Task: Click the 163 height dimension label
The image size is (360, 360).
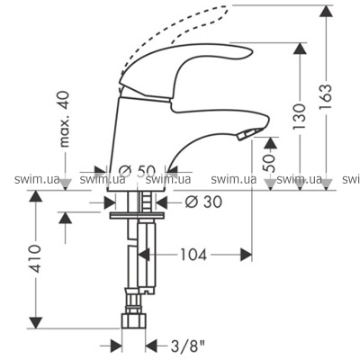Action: pos(326,97)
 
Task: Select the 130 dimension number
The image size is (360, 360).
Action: pos(300,117)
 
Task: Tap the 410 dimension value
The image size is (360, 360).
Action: pos(35,258)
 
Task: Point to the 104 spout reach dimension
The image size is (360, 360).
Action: pos(193,255)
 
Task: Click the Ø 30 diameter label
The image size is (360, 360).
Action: pos(203,202)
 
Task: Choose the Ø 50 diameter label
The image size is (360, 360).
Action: pos(138,171)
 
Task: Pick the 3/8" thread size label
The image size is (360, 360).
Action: pos(187,346)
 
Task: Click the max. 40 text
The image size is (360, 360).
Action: pos(64,119)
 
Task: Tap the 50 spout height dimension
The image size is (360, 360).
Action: pos(270,163)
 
